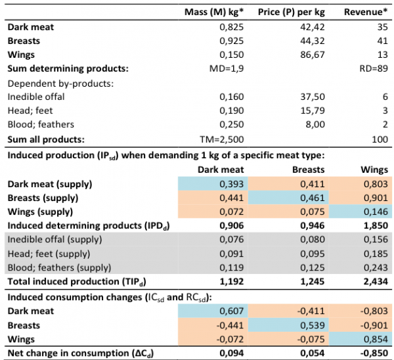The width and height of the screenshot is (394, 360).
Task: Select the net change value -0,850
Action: (x=372, y=353)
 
